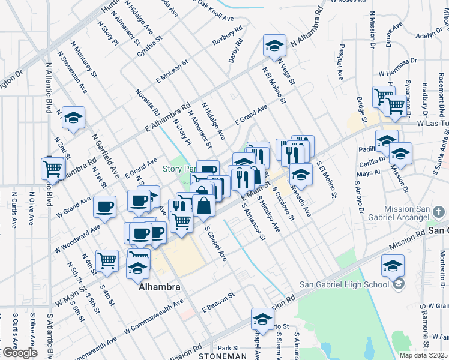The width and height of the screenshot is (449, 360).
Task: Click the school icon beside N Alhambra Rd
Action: click(x=274, y=46)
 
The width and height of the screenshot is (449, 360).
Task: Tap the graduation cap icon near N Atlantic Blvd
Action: click(x=74, y=118)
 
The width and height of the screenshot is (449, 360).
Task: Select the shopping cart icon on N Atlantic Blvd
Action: click(x=53, y=168)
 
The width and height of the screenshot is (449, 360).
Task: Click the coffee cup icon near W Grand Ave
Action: click(x=105, y=207)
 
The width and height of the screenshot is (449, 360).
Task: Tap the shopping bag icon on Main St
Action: click(x=204, y=205)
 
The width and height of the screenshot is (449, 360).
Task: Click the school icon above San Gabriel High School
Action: click(x=393, y=265)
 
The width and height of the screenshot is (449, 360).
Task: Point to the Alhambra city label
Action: click(x=159, y=287)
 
